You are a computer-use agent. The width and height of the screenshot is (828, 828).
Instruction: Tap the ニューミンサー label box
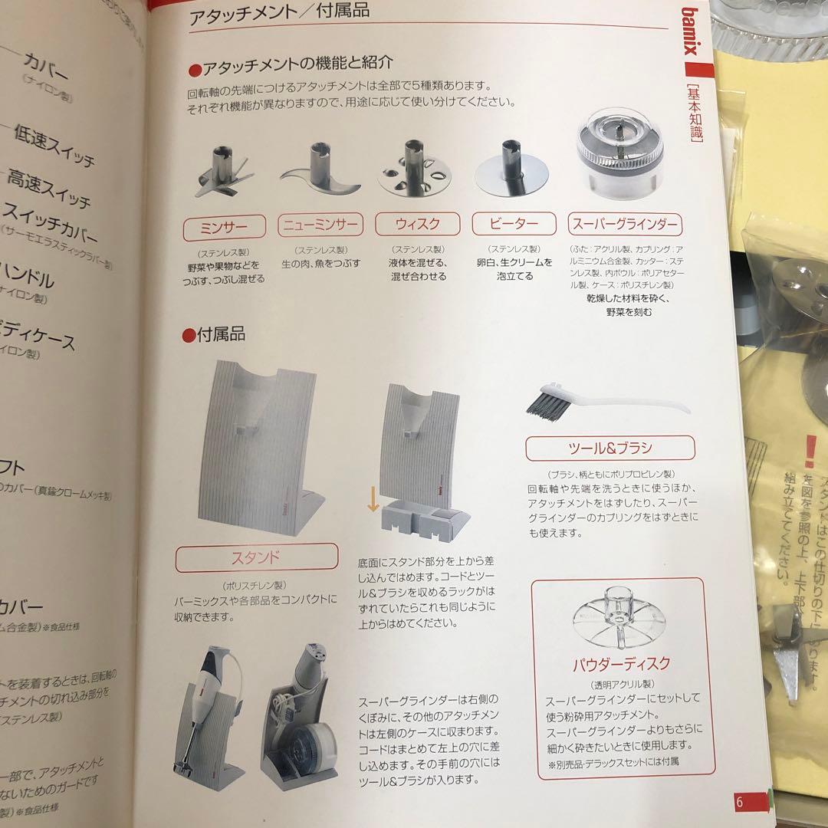[320, 225]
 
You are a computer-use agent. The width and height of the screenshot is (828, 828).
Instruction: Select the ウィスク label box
[417, 225]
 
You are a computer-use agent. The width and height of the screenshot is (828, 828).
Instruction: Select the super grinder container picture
[619, 153]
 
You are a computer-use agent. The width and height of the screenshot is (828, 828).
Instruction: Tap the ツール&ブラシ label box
[610, 447]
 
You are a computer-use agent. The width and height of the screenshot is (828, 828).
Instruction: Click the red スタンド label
[256, 557]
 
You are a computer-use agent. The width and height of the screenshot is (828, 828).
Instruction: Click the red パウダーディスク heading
[621, 663]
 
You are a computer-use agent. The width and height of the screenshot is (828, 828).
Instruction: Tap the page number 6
[740, 801]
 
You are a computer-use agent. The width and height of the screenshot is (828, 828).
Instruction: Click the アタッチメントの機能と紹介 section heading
[291, 63]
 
